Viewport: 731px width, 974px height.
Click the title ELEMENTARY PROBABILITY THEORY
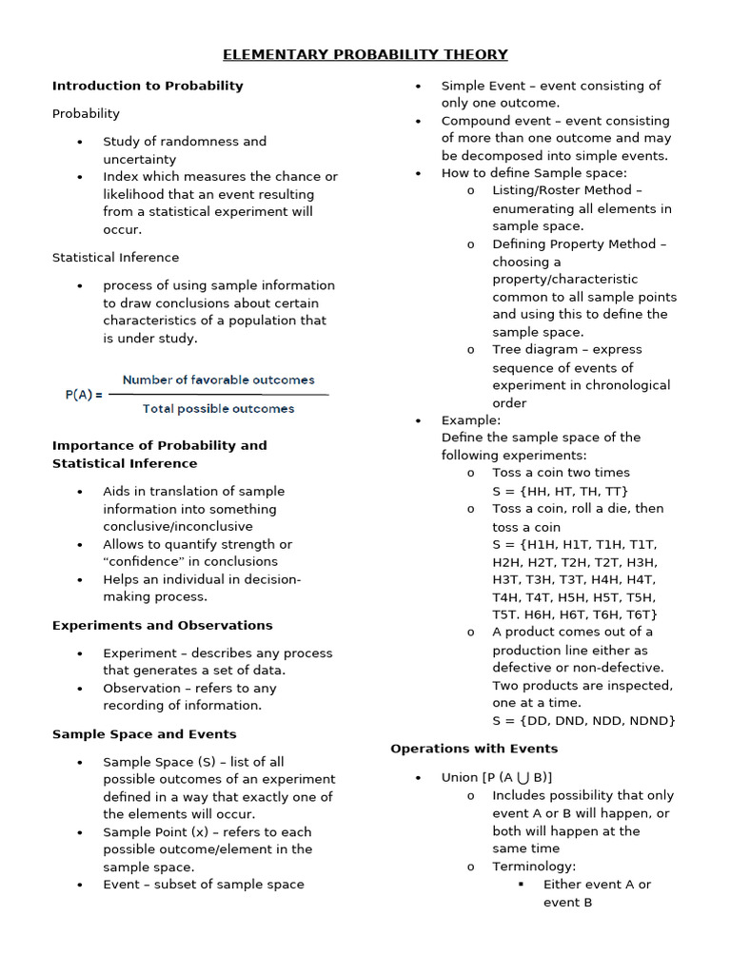pos(365,54)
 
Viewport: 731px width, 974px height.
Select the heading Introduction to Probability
pos(148,86)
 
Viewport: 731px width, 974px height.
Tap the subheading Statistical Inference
pos(115,258)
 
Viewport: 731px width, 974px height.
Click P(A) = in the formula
pos(84,395)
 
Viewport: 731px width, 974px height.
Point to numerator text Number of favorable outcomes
pos(218,380)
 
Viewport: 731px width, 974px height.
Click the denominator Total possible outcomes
pos(218,409)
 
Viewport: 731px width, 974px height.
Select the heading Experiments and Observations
pos(162,625)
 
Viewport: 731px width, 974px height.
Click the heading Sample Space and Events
pos(144,734)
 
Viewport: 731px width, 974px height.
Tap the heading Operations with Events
pos(474,749)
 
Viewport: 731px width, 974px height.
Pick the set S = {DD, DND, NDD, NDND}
pos(583,720)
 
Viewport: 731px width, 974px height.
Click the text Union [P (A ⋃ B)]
pos(497,777)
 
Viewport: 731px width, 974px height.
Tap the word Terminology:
pos(534,867)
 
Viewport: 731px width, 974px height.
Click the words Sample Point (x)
pos(153,831)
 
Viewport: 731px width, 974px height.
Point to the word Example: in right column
pos(470,419)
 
